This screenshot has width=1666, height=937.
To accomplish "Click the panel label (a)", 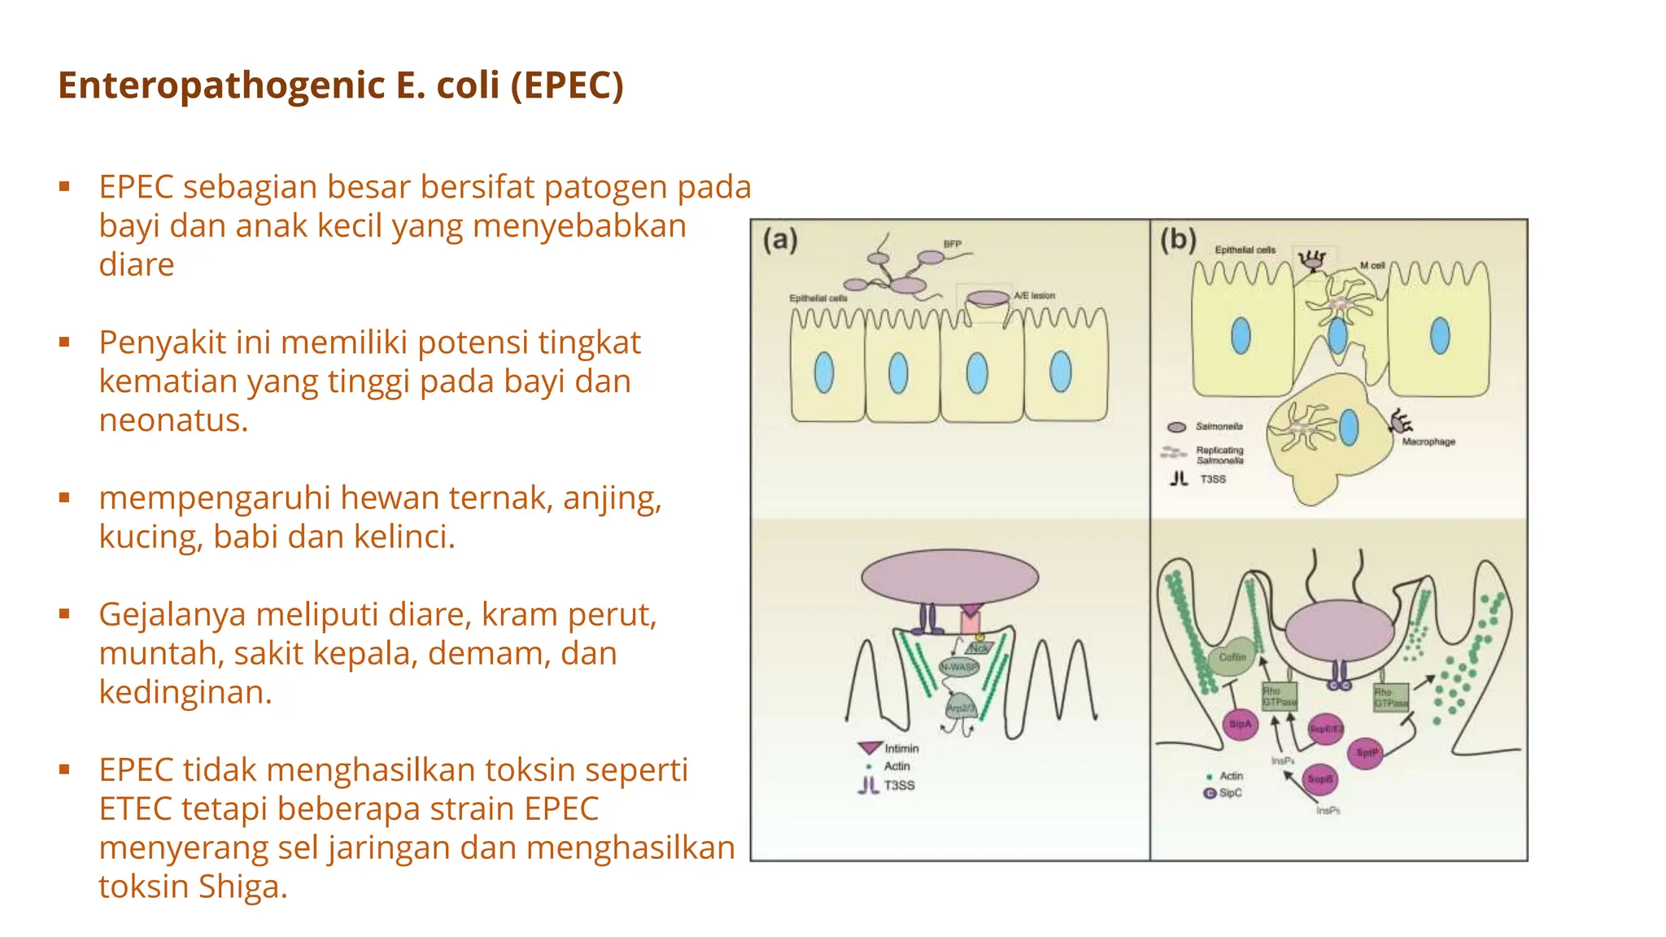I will [x=780, y=240].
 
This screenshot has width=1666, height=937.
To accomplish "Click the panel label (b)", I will [x=1177, y=240].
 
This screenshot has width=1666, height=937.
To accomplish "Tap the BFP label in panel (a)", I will [x=952, y=244].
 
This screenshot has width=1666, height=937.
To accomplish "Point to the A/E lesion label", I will [x=1034, y=295].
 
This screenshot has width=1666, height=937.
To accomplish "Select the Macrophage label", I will [x=1428, y=442].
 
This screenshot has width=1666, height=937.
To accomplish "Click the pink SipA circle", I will [x=1241, y=724].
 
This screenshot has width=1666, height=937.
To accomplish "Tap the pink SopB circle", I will [x=1319, y=779].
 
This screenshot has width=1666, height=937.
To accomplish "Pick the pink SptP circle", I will [x=1367, y=753].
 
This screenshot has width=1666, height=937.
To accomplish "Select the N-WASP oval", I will [x=959, y=667].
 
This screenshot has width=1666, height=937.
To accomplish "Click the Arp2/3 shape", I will [x=961, y=707].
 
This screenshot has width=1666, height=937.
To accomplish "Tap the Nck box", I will [x=979, y=648].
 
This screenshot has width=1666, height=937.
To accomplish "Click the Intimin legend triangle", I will [x=870, y=747].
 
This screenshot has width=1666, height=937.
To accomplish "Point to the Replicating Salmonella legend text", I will [x=1219, y=455].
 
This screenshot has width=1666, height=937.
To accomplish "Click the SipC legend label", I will [x=1231, y=792].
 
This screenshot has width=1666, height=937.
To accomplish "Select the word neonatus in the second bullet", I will [x=172, y=421].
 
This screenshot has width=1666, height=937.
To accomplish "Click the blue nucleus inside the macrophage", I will [x=1349, y=428].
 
